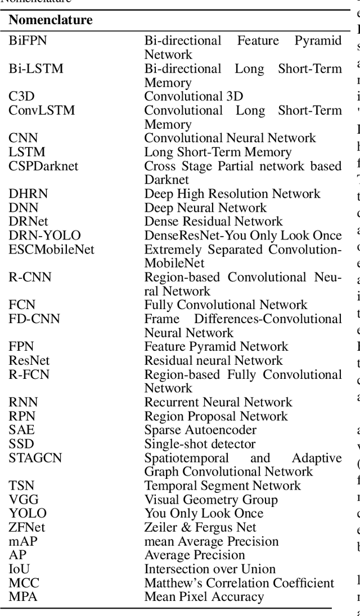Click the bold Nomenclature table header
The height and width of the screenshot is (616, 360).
pyautogui.click(x=51, y=21)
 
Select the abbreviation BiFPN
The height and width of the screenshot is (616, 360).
pyautogui.click(x=28, y=41)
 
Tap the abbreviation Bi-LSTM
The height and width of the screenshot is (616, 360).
pyautogui.click(x=36, y=69)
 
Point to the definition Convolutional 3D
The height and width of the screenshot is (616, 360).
pyautogui.click(x=193, y=97)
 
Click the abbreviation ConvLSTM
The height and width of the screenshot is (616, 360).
pyautogui.click(x=42, y=110)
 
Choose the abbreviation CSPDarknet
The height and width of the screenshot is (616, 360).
pyautogui.click(x=43, y=166)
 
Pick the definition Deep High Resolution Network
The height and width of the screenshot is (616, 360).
pyautogui.click(x=232, y=194)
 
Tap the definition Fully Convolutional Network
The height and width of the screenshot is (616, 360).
pyautogui.click(x=226, y=305)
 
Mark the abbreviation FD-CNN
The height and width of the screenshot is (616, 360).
pyautogui.click(x=34, y=319)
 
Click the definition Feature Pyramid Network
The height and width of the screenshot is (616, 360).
pyautogui.click(x=216, y=347)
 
